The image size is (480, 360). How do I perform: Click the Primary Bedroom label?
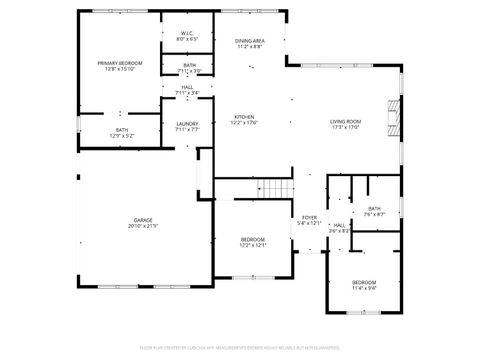click(120, 63)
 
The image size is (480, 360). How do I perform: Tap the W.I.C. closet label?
click(187, 33)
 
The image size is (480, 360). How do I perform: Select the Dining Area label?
click(250, 41)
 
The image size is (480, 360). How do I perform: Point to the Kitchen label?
click(245, 117)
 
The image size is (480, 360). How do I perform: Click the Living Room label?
click(345, 122)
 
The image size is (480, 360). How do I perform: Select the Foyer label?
click(310, 217)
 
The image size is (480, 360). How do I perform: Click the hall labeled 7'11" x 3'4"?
click(187, 90)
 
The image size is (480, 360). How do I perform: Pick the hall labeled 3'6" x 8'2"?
click(339, 228)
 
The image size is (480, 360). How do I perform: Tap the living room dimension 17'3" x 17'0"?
click(345, 128)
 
